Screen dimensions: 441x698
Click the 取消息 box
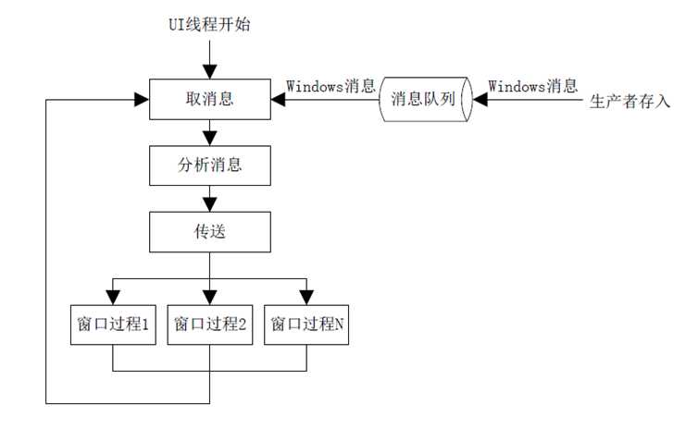click(x=209, y=97)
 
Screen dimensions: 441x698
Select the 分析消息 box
click(x=209, y=166)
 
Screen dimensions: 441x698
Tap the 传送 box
click(x=209, y=232)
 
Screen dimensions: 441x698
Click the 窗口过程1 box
click(x=114, y=324)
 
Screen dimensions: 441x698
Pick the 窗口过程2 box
click(x=209, y=324)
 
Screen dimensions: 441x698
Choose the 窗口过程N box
click(x=306, y=324)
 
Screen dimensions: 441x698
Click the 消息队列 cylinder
click(x=425, y=98)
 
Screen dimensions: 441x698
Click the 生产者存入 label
click(x=630, y=100)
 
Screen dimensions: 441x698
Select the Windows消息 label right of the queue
click(x=531, y=86)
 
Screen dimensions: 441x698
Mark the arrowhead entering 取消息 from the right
click(x=277, y=98)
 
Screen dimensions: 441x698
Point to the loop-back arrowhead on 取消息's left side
click(x=143, y=98)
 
